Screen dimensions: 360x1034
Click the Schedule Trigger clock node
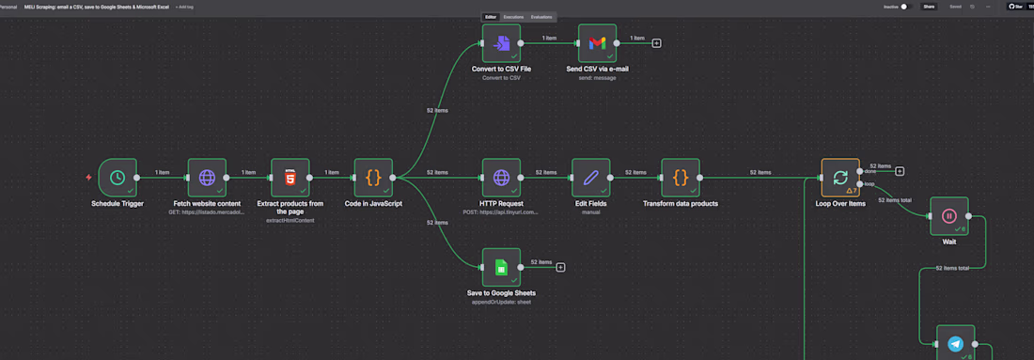117,177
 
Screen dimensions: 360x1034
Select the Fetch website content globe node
207,177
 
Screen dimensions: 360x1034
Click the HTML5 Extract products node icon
290,177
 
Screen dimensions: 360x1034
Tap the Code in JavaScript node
373,177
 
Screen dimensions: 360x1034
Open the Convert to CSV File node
501,42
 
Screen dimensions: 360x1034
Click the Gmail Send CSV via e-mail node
597,42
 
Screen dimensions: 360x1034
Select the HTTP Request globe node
501,177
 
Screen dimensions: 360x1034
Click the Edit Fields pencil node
591,177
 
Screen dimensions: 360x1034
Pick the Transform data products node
681,177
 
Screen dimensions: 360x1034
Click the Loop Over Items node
840,177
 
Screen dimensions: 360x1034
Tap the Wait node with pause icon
949,215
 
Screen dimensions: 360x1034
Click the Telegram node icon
956,343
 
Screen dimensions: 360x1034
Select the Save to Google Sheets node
501,267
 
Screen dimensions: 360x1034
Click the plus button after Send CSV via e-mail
656,42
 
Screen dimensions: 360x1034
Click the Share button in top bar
929,7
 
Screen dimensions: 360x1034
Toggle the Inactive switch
905,7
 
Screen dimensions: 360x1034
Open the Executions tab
513,17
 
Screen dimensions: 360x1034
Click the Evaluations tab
541,17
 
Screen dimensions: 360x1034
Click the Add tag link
183,7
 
